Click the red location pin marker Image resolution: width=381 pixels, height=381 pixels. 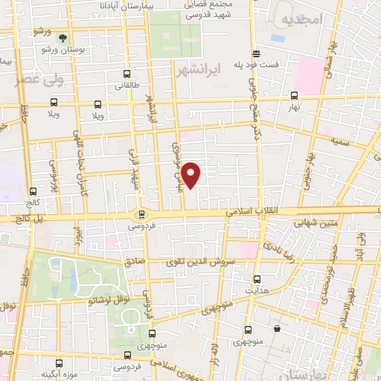click(x=192, y=174)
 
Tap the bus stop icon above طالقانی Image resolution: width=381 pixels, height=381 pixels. click(x=127, y=74)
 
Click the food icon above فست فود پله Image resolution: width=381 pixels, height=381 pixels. click(x=257, y=53)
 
